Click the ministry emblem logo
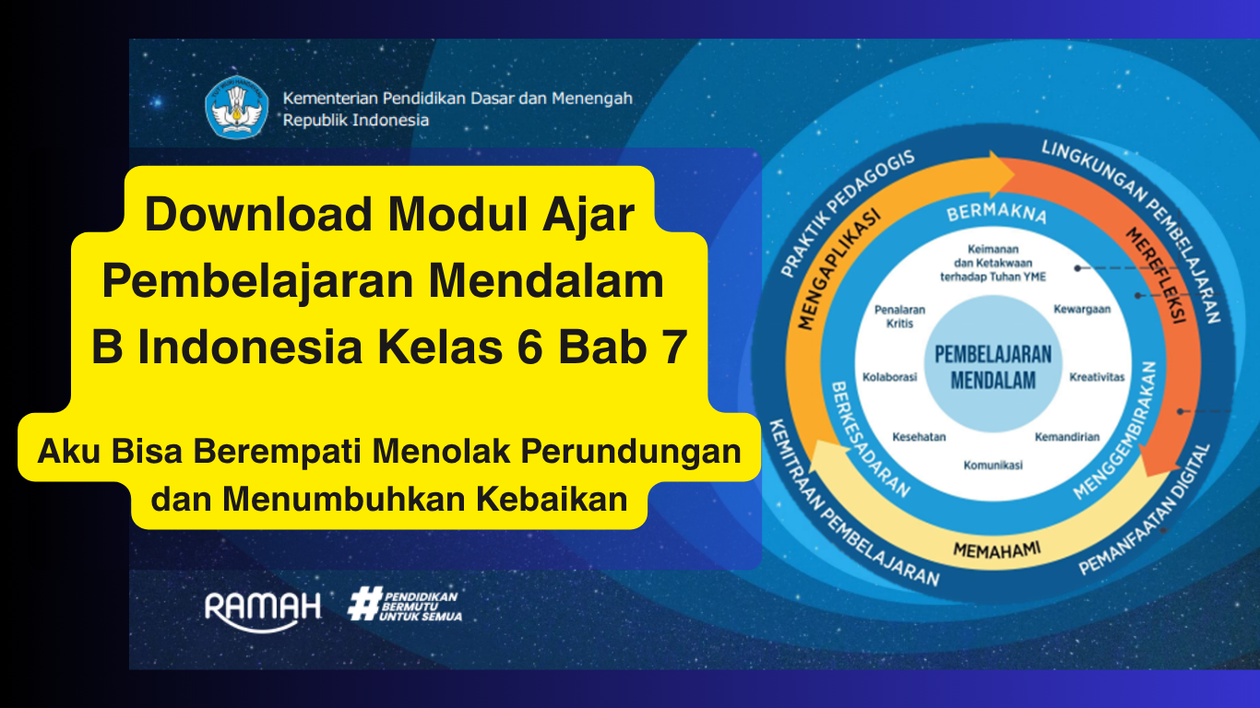tap(237, 108)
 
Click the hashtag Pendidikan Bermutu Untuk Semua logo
tap(405, 605)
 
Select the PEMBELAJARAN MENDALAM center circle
tap(993, 367)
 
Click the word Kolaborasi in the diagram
tap(889, 377)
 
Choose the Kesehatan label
tap(919, 437)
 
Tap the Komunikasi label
tap(993, 466)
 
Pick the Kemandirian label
tap(1067, 437)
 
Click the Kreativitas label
tap(1097, 377)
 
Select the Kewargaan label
tap(1082, 310)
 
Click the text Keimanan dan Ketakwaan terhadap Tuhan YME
tap(993, 263)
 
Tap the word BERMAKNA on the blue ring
tap(996, 214)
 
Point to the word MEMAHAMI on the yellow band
tap(996, 550)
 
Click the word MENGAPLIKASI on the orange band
tap(838, 268)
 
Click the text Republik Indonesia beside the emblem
tap(356, 120)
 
